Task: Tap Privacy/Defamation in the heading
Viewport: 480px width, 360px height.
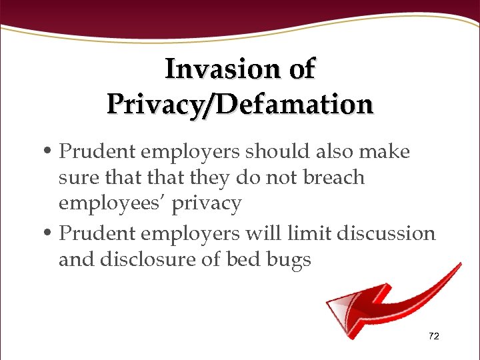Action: coord(240,104)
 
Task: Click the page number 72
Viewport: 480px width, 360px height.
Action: coord(434,337)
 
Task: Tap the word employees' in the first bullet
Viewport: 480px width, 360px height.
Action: coord(112,203)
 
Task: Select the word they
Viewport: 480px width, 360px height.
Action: coord(210,177)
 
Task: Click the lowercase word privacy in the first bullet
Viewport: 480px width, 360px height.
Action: coord(207,204)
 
